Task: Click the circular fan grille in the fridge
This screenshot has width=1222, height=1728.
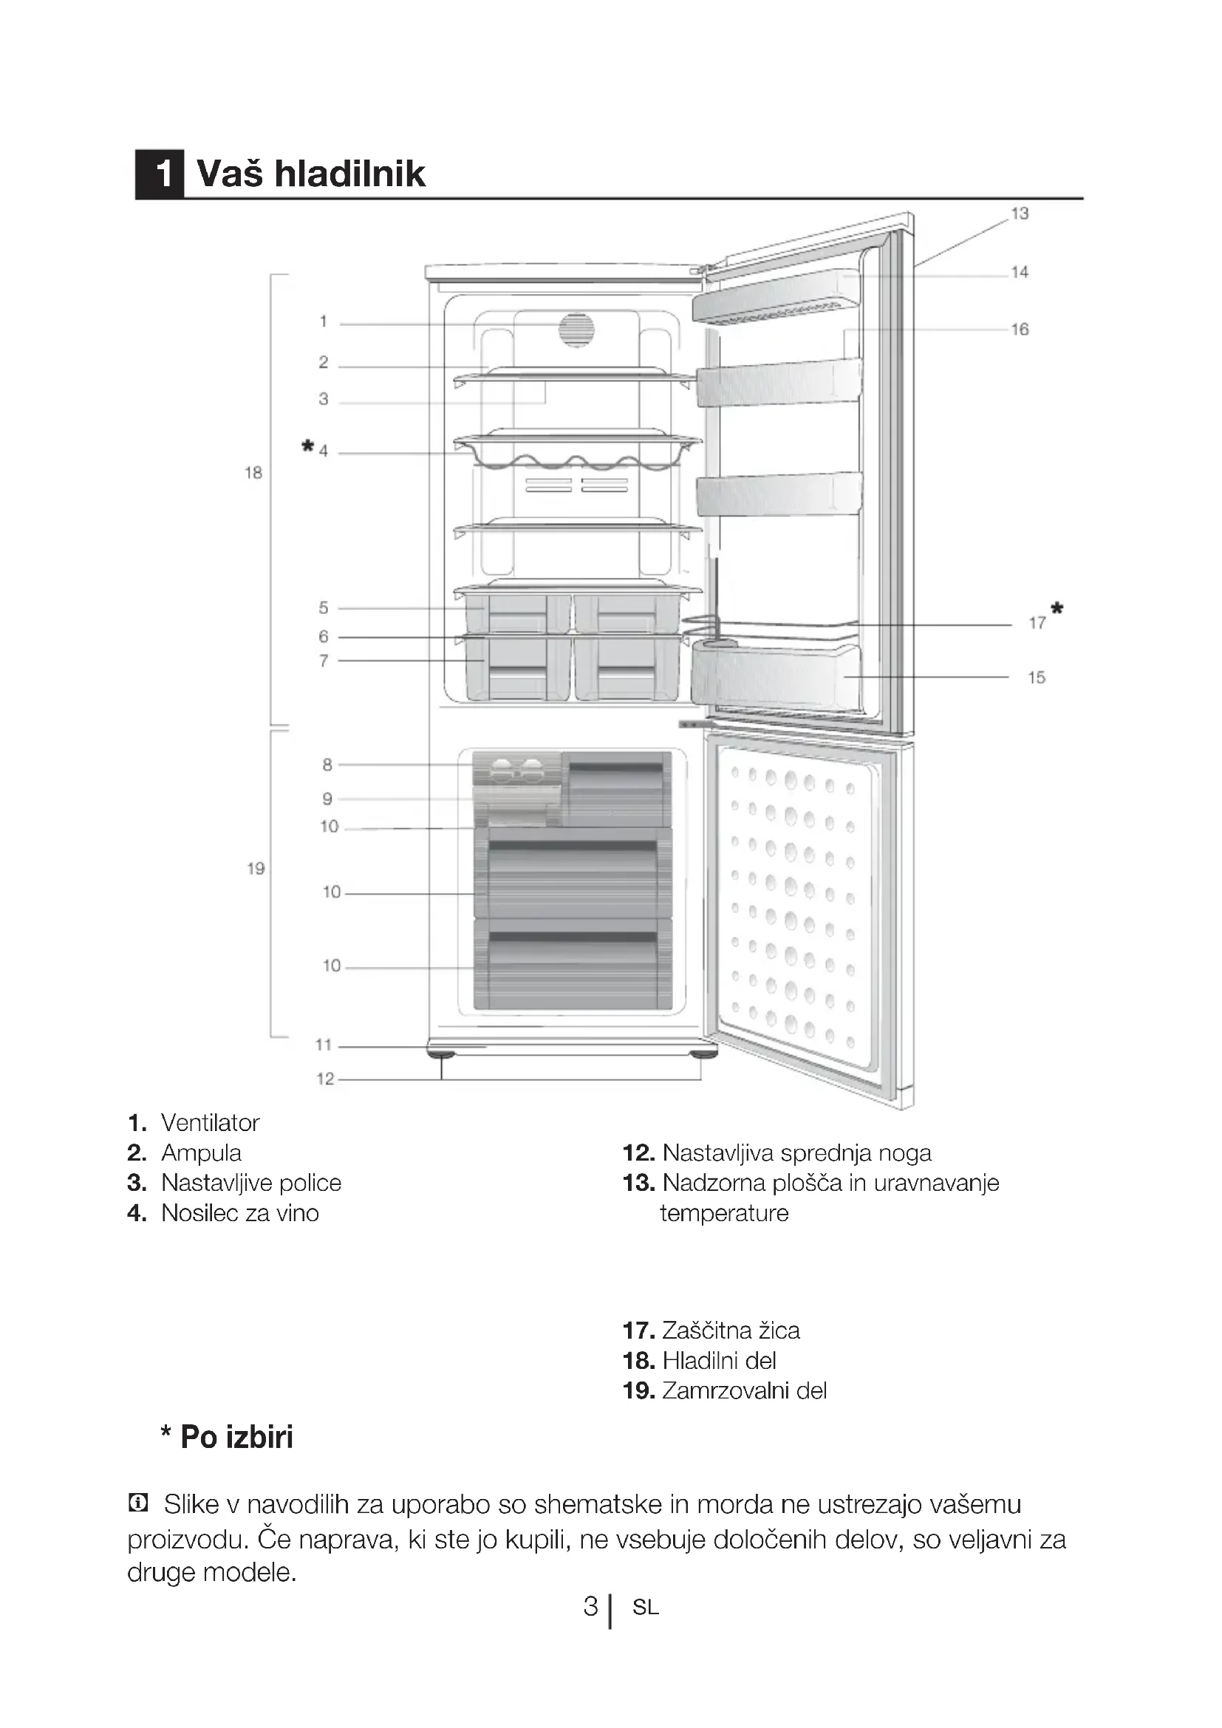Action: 576,330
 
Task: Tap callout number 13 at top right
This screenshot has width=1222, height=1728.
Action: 1019,214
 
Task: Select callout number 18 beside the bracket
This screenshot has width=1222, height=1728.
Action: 253,473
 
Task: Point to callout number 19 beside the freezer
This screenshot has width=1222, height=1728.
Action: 256,869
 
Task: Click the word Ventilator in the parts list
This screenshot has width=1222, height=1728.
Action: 210,1123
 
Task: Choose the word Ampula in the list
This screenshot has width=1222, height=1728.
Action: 201,1153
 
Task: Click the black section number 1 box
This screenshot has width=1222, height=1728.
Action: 160,174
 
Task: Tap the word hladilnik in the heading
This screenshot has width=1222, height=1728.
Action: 349,174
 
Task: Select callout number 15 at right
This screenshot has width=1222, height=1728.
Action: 1036,677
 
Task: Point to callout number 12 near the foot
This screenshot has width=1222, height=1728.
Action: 324,1079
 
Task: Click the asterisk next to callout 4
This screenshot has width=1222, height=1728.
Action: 307,447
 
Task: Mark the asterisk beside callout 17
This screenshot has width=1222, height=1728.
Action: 1057,609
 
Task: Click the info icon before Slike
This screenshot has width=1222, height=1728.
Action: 137,1503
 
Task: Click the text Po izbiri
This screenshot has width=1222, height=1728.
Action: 236,1437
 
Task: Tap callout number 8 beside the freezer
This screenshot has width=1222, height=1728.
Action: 327,765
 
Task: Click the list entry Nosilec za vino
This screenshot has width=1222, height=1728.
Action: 239,1213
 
